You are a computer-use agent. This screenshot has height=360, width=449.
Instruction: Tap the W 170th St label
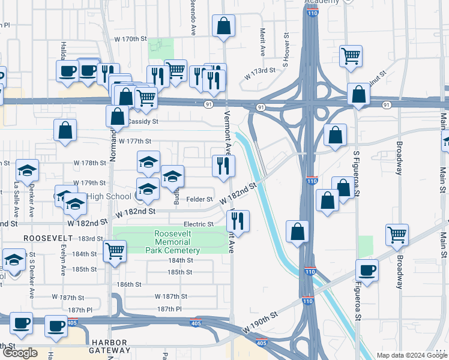click(x=130, y=39)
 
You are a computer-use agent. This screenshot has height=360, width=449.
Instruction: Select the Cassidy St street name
click(x=143, y=121)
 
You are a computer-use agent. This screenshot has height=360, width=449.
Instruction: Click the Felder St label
click(x=200, y=199)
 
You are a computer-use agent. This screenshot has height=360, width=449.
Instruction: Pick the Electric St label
click(x=199, y=224)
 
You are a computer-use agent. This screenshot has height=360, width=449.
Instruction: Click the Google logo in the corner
click(x=20, y=353)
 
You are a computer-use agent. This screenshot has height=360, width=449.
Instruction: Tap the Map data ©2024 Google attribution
click(x=411, y=355)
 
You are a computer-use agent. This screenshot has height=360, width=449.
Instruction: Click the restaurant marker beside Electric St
click(x=240, y=221)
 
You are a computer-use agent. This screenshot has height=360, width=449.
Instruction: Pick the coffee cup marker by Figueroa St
click(x=366, y=269)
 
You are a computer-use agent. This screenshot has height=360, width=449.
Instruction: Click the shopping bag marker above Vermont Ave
click(x=223, y=26)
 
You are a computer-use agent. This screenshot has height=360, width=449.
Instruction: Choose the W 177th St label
click(x=134, y=142)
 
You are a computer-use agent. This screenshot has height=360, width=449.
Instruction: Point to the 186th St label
click(x=129, y=284)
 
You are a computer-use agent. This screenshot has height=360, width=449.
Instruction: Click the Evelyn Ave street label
click(x=62, y=263)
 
